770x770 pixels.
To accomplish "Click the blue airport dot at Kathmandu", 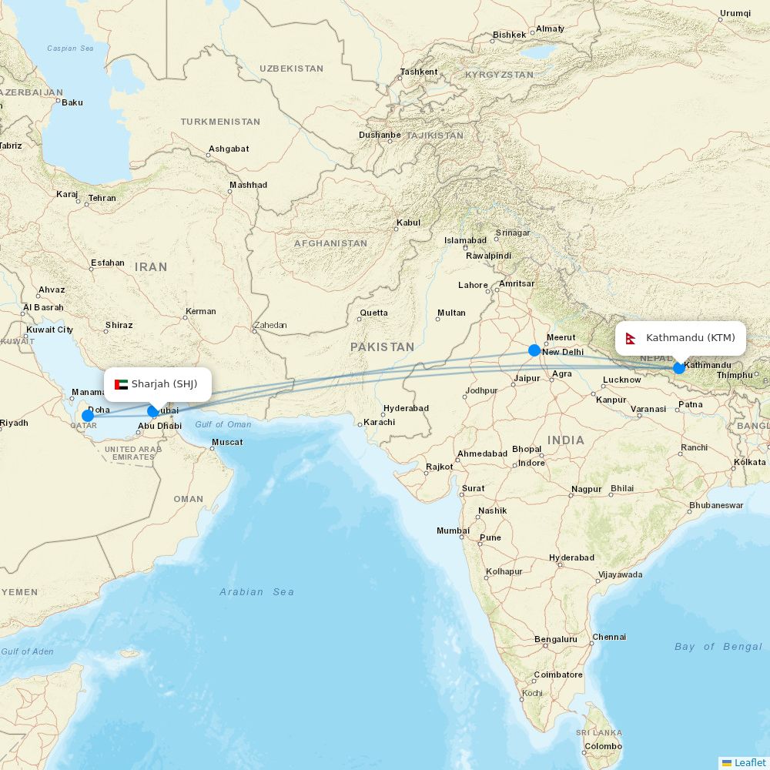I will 678,367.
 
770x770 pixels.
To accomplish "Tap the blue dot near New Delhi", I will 534,350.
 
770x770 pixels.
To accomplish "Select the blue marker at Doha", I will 88,416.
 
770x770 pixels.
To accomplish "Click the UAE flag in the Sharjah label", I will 121,384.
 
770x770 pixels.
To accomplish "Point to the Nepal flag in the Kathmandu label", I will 631,339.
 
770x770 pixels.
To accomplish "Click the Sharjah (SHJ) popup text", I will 164,384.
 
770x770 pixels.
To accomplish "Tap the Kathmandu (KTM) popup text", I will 690,338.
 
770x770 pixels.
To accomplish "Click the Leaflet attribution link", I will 749,762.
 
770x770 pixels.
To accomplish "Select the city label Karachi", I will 379,422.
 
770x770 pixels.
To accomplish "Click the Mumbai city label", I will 453,531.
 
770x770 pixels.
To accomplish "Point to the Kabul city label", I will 408,223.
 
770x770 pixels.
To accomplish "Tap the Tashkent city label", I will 418,72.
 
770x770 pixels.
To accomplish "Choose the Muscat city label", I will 227,442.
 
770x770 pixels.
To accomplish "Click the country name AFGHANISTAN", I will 330,243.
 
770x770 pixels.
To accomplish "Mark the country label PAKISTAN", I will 382,347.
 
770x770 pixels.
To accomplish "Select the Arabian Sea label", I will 256,592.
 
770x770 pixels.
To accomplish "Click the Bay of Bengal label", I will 718,647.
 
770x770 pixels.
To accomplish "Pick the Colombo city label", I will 603,746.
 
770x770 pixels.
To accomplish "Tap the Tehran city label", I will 102,198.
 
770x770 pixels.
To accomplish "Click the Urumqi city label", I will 735,13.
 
